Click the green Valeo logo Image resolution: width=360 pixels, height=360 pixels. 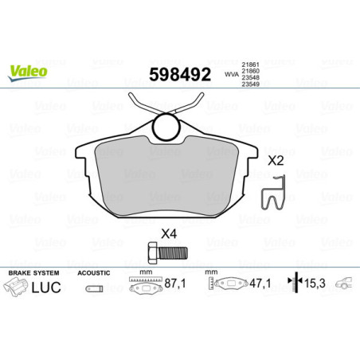(29, 71)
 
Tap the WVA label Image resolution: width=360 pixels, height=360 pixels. (231, 75)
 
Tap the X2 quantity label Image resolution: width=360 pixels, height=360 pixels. (275, 160)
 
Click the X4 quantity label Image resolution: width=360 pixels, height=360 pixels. (168, 234)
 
